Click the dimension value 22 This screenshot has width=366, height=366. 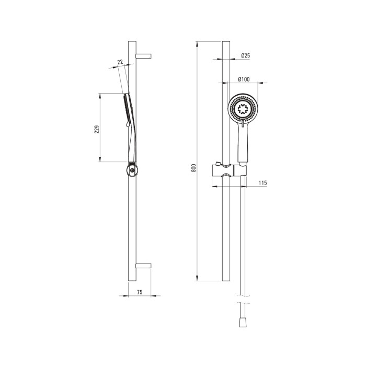pyautogui.click(x=120, y=62)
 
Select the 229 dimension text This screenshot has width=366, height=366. pyautogui.click(x=97, y=129)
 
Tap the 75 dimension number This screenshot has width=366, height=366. pyautogui.click(x=140, y=292)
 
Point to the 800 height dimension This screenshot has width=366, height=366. pyautogui.click(x=194, y=168)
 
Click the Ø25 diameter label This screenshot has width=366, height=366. pyautogui.click(x=246, y=55)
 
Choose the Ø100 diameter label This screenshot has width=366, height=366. pyautogui.click(x=244, y=79)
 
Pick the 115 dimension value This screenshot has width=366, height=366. pyautogui.click(x=262, y=183)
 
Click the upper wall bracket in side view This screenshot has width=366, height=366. pyautogui.click(x=144, y=56)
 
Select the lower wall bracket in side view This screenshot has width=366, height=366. pyautogui.click(x=144, y=266)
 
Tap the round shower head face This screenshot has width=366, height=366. pyautogui.click(x=243, y=109)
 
